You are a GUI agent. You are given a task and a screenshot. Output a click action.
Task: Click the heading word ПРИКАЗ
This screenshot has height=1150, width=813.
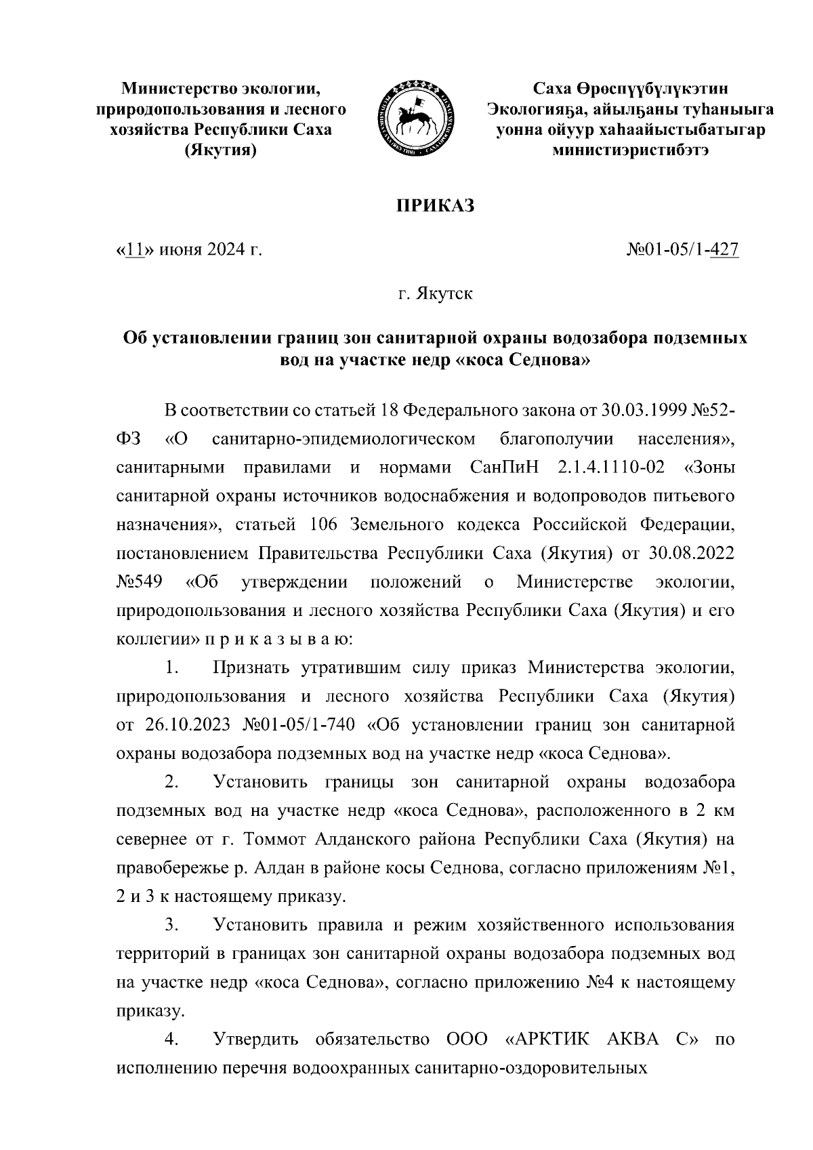tap(435, 205)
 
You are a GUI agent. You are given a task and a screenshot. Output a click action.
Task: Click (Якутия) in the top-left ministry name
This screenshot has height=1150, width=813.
tap(221, 150)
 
